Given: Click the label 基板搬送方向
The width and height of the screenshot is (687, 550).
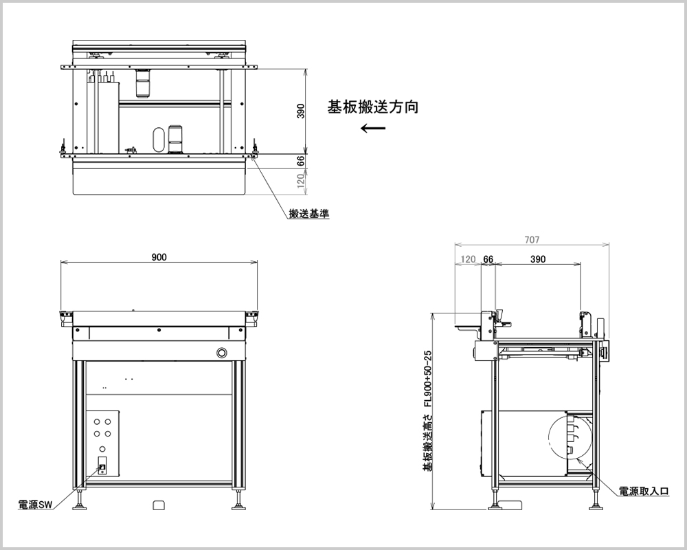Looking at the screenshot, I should coord(372,107).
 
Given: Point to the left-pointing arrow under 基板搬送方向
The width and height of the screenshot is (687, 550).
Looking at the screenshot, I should coord(372,129).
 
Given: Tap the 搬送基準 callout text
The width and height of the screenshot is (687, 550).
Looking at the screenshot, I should coord(308,214).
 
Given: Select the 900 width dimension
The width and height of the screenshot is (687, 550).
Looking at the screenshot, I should coord(159,257).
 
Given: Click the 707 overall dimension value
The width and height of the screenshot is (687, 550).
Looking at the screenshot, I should coord(532,240).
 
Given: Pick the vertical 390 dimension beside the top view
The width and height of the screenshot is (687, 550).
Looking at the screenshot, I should coord(300,111).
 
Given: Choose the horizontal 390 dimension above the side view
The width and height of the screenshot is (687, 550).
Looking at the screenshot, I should coord(538,259).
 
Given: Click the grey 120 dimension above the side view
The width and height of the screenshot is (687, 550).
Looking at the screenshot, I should coord(468,259).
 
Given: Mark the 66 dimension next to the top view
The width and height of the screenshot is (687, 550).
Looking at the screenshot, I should coord(300,161).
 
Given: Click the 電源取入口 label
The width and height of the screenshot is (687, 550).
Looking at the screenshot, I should coord(644,491).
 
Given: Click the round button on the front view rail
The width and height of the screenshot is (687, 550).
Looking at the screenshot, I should coord(222,353).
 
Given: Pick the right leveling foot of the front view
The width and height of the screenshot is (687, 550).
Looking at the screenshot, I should coord(238,505).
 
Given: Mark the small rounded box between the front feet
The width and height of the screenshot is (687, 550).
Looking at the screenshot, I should coord(159,505).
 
